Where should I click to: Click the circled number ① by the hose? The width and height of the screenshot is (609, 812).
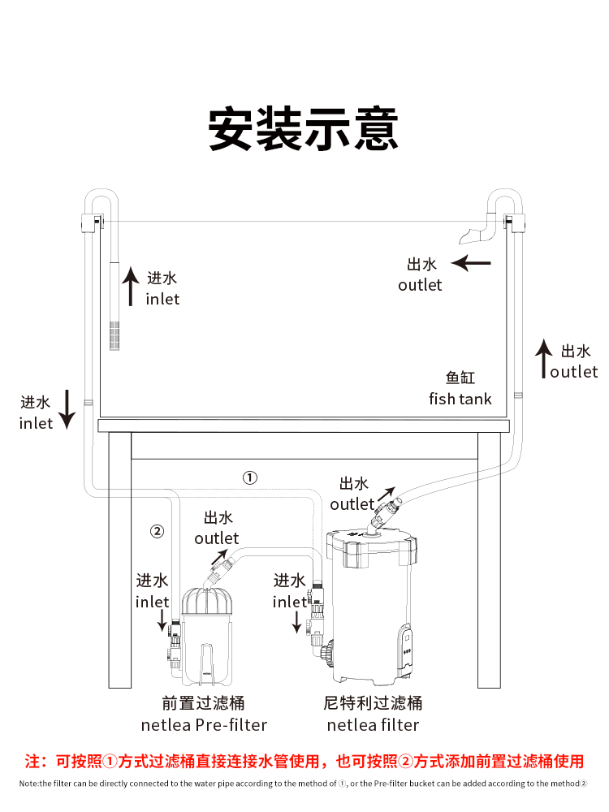click(250, 477)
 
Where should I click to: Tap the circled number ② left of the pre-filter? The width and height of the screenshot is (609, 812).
click(158, 532)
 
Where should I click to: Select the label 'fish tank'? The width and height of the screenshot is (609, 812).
click(460, 399)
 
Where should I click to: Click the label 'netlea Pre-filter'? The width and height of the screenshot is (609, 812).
click(204, 724)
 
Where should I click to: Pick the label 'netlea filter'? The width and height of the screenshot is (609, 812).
click(373, 724)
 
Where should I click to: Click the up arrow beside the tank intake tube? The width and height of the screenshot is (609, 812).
click(130, 287)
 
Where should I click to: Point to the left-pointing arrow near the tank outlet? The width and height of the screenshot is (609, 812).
click(472, 262)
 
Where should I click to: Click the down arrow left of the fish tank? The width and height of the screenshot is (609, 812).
click(67, 408)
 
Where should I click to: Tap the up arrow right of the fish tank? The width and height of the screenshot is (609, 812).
click(542, 360)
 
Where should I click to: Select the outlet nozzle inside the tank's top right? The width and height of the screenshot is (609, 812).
click(474, 235)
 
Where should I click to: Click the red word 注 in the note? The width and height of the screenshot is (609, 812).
click(33, 762)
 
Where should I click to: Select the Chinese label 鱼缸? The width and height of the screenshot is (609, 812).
click(460, 378)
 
